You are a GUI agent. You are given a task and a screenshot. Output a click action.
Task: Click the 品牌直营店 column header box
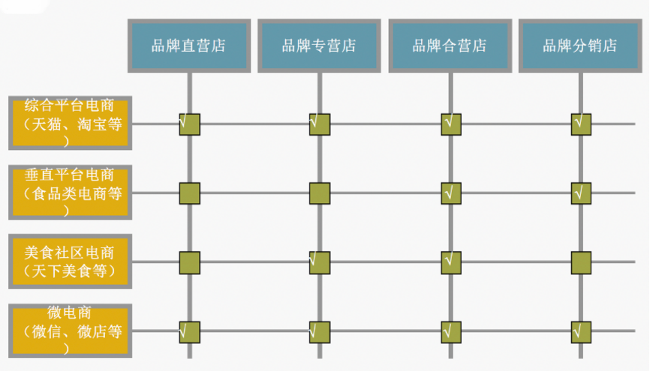188,46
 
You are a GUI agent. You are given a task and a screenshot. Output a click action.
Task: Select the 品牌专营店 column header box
319,46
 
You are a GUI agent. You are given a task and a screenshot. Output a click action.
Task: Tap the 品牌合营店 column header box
450,46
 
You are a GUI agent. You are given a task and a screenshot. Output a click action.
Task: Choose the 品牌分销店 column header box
580,46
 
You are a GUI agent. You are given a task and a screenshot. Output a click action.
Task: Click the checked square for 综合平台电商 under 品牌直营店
189,124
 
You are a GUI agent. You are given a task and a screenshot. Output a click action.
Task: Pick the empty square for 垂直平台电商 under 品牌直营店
189,193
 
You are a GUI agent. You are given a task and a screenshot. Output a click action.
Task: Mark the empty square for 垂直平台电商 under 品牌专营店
320,193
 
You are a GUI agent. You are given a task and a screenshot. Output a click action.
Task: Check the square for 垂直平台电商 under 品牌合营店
450,193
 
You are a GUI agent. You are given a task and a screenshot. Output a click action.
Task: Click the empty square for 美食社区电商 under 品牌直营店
189,262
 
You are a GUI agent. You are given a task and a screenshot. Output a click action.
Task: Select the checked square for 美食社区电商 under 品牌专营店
320,262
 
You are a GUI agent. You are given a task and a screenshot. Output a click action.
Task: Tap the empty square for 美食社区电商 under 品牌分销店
581,262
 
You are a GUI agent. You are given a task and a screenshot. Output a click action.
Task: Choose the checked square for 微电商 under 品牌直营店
189,331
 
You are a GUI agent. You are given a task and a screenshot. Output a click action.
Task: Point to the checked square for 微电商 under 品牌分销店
581,331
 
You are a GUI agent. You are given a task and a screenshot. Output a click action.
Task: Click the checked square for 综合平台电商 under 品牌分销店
581,124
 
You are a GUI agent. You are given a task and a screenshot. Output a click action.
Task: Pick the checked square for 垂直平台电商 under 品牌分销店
581,193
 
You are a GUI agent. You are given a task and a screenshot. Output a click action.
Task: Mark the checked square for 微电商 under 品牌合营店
450,331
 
